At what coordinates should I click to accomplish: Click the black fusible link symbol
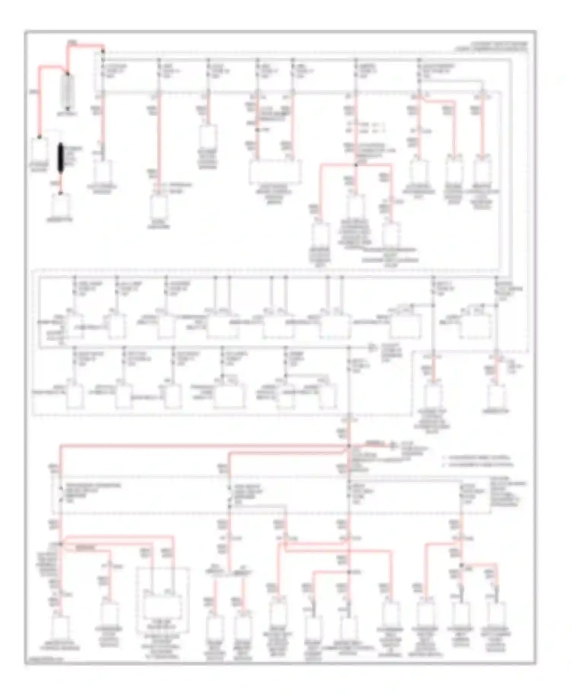[x=60, y=158]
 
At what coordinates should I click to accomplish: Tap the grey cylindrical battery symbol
[x=68, y=90]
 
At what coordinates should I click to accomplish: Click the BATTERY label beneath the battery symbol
[x=68, y=114]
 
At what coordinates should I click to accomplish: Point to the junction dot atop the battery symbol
[x=68, y=74]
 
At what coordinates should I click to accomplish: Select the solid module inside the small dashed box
[x=162, y=607]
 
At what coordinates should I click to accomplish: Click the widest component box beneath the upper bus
[x=275, y=172]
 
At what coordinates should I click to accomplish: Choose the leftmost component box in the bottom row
[x=60, y=628]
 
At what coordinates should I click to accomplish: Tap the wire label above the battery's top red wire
[x=72, y=41]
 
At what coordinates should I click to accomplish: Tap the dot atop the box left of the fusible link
[x=39, y=137]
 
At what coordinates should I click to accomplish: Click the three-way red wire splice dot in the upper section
[x=356, y=165]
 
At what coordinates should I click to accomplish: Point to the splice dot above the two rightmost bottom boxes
[x=462, y=565]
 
